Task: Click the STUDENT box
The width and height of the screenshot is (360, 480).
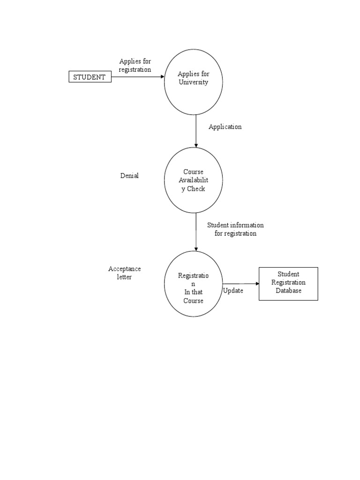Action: (x=90, y=77)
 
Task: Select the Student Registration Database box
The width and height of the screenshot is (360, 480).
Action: (x=288, y=284)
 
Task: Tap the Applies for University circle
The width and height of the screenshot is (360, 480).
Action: (x=193, y=82)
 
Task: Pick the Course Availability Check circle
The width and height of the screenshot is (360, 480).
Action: (x=193, y=180)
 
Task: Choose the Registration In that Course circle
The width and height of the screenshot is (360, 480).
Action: (x=193, y=284)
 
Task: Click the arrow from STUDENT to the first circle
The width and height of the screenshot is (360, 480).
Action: (x=138, y=77)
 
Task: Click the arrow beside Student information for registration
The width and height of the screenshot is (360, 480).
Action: (x=196, y=232)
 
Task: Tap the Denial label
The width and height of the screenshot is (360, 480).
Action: (x=129, y=176)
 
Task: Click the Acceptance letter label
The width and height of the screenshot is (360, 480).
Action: (x=125, y=273)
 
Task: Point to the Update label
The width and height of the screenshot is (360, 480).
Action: (x=233, y=291)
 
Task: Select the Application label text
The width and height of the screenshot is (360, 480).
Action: (x=225, y=127)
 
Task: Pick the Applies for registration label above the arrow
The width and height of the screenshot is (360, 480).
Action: (x=135, y=66)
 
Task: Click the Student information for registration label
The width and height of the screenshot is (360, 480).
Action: (x=235, y=229)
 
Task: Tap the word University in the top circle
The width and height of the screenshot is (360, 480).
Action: (x=193, y=82)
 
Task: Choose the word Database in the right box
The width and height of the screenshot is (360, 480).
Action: (x=288, y=291)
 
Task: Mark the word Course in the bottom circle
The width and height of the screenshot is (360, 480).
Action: (x=193, y=300)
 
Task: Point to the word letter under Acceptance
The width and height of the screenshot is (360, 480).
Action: (x=124, y=277)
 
